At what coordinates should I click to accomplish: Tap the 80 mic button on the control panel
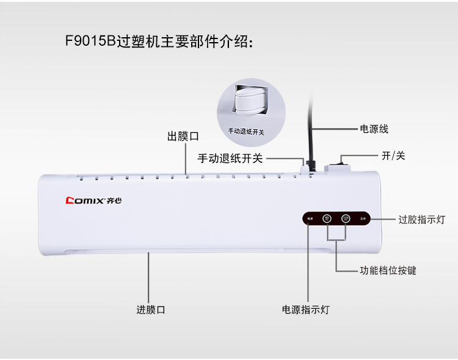click(x=326, y=218)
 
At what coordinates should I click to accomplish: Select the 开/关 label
click(x=393, y=156)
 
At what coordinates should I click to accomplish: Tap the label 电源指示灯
click(x=305, y=309)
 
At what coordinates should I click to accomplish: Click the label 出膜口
click(x=183, y=136)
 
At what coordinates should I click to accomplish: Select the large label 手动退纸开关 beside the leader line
click(x=230, y=159)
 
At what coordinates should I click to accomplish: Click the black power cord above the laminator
click(x=312, y=128)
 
